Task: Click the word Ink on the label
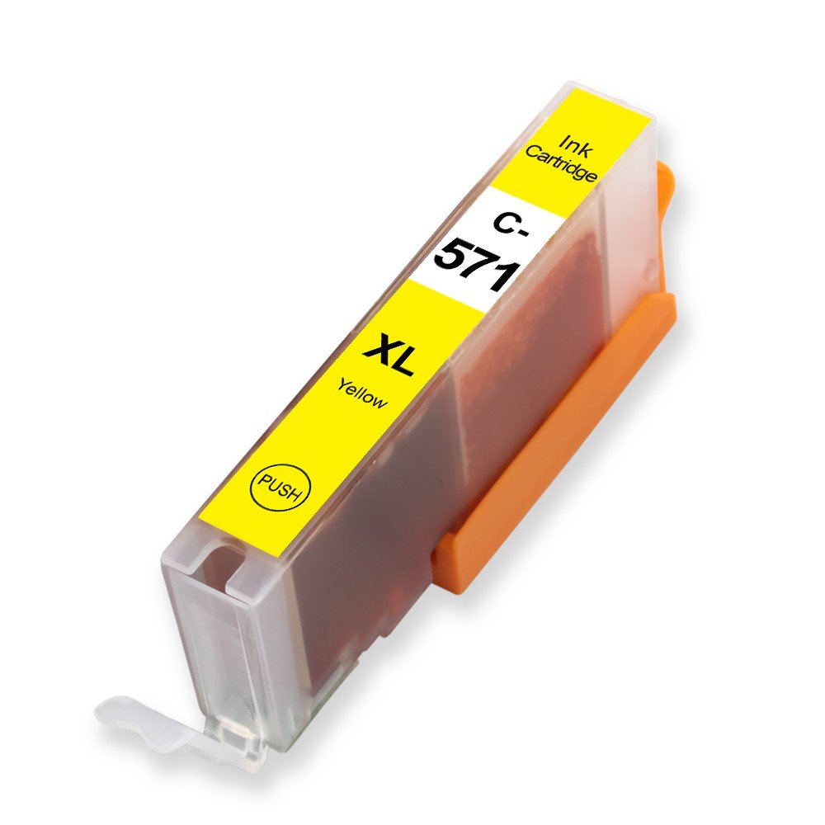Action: [x=576, y=146]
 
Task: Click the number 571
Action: [x=478, y=264]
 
